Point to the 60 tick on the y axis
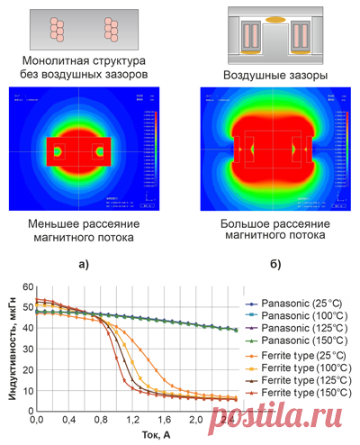(27, 286)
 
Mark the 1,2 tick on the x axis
(132, 421)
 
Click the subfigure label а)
(85, 264)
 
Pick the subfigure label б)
(274, 264)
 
